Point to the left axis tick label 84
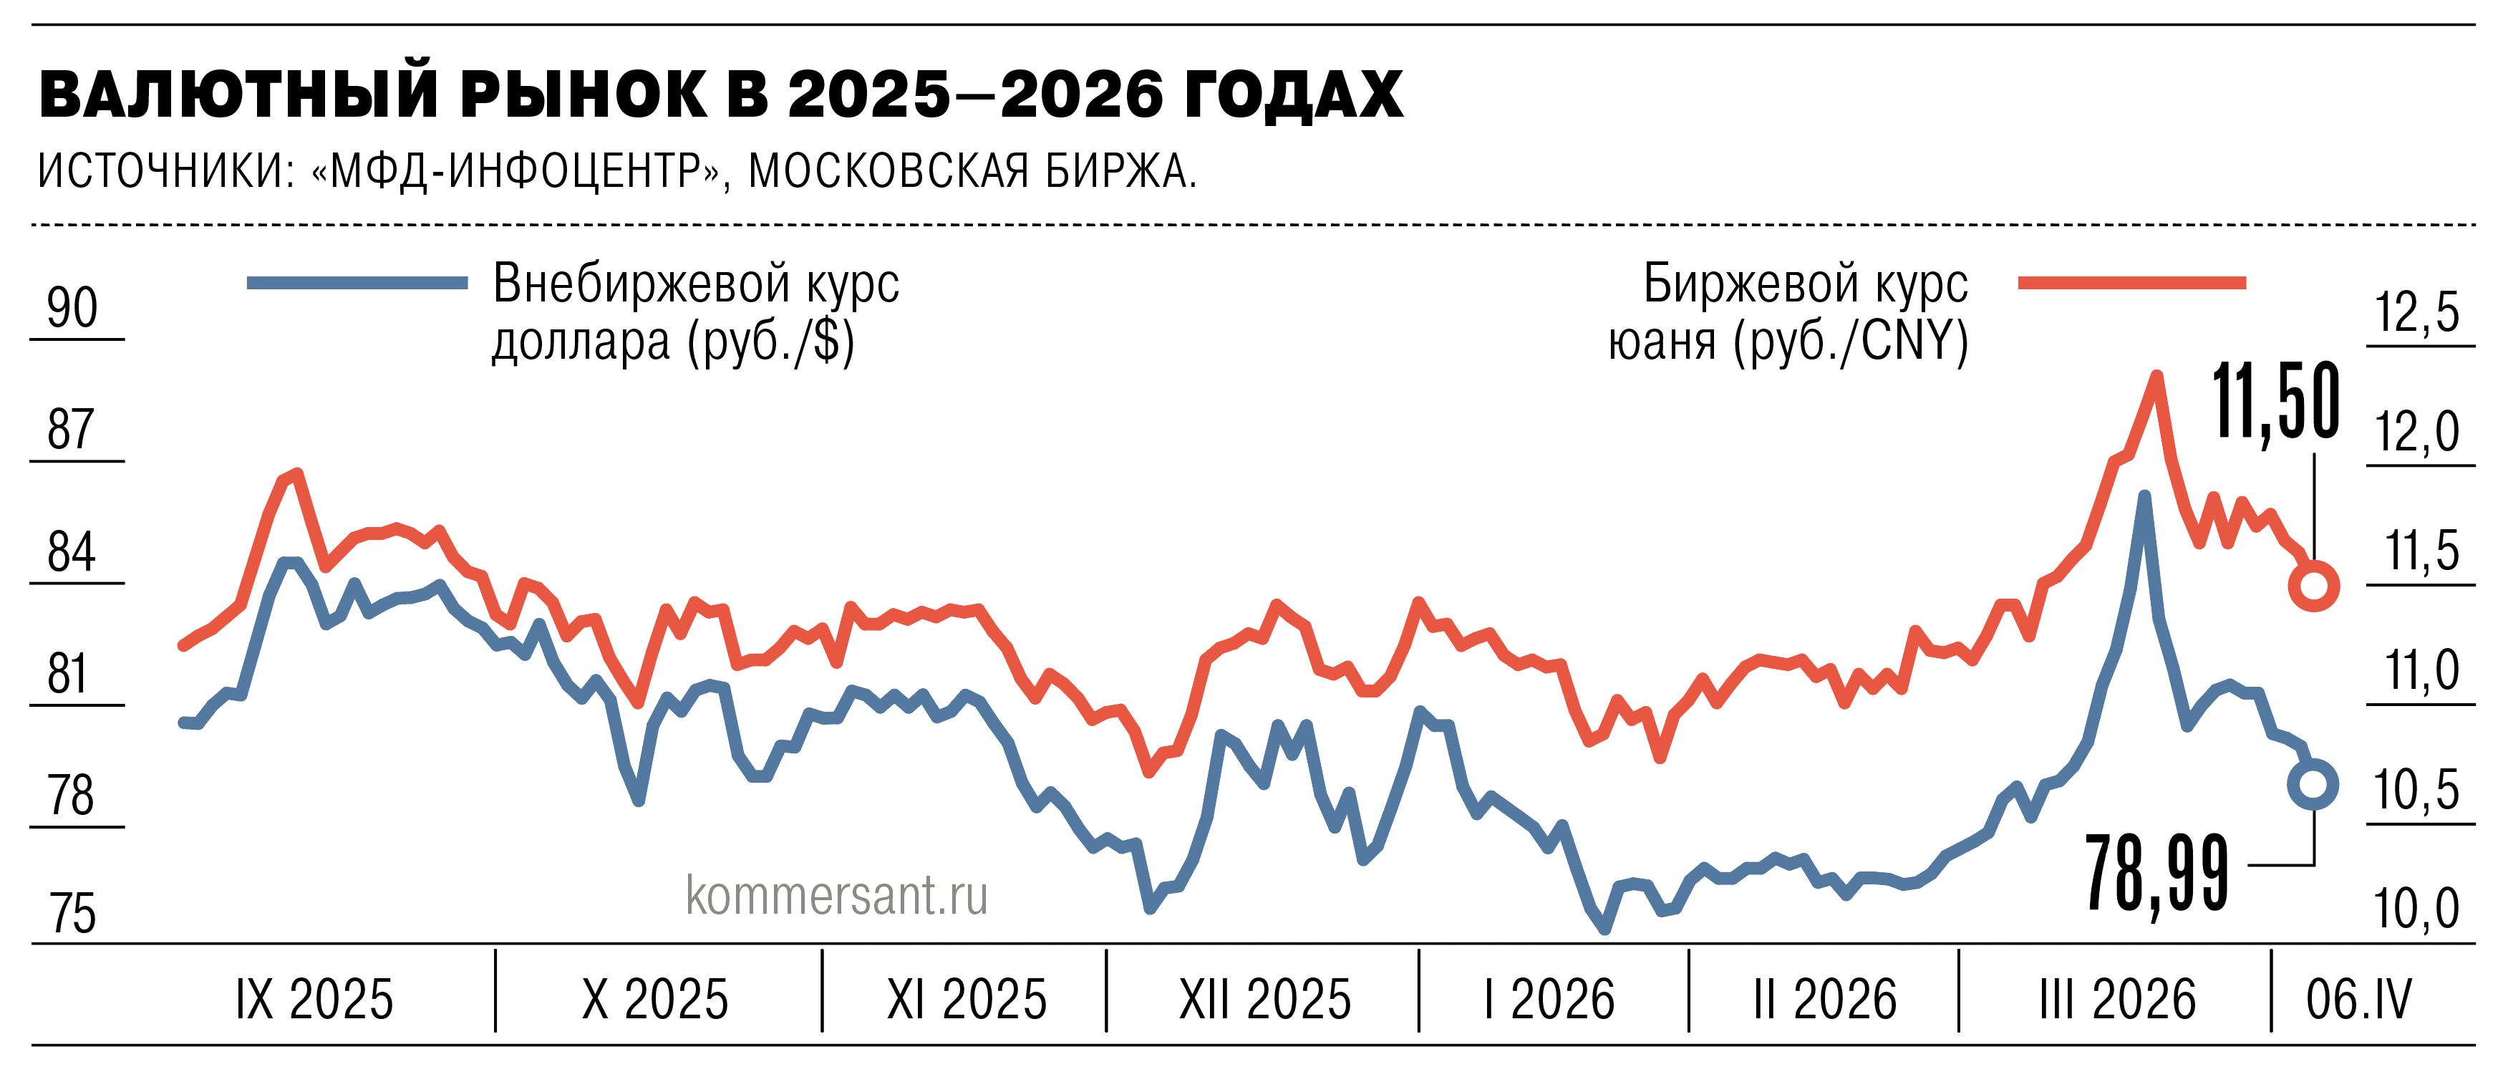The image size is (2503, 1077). pyautogui.click(x=72, y=552)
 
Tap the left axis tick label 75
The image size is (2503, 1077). pyautogui.click(x=73, y=914)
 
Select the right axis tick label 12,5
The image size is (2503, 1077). pyautogui.click(x=2418, y=313)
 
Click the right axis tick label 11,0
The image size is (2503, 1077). pyautogui.click(x=2421, y=671)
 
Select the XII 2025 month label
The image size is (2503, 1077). pyautogui.click(x=1264, y=999)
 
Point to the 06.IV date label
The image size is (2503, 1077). pyautogui.click(x=2358, y=999)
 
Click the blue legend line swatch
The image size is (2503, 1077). pyautogui.click(x=357, y=283)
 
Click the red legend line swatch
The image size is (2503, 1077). pyautogui.click(x=2132, y=283)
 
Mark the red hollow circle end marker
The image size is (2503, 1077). pyautogui.click(x=2313, y=586)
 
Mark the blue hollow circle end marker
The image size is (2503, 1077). pyautogui.click(x=2313, y=783)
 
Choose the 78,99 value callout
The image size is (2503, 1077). pyautogui.click(x=2156, y=873)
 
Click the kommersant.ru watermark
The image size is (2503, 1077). pyautogui.click(x=836, y=894)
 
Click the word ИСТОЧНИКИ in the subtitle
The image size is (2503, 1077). pyautogui.click(x=165, y=171)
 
